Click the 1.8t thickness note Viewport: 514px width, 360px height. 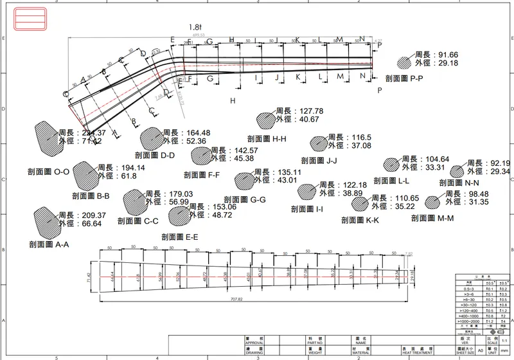pos(196,27)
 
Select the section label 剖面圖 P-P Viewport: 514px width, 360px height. pos(404,78)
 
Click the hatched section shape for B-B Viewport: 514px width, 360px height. pos(85,174)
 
